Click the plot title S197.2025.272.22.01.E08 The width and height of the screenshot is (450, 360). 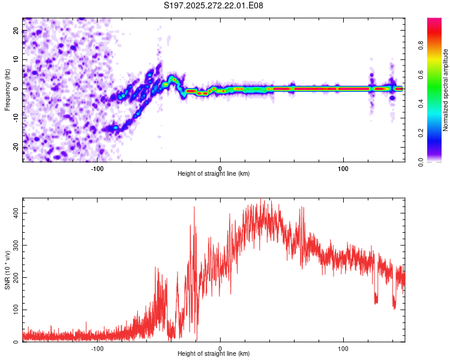pos(214,5)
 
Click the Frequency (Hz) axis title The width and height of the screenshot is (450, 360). pos(7,89)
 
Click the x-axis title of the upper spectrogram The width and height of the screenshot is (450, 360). pos(214,173)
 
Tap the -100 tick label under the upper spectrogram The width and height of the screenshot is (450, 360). pos(97,168)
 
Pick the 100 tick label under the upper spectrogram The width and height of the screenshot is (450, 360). pos(343,168)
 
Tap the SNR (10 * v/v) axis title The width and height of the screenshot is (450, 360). pos(7,270)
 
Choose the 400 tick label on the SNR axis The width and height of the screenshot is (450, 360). pos(17,213)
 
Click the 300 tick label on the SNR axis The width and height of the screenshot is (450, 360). pos(17,245)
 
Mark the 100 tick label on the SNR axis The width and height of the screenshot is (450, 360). pos(17,310)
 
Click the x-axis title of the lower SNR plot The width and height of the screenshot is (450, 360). pos(214,353)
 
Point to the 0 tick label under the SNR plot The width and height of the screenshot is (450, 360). pos(220,348)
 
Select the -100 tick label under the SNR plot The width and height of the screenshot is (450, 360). pos(97,348)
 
